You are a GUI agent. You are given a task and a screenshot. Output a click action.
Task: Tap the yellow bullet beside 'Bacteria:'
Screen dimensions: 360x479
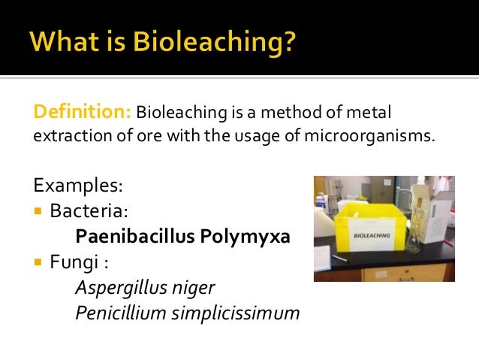pyautogui.click(x=39, y=210)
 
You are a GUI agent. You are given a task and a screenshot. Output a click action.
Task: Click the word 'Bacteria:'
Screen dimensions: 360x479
pyautogui.click(x=83, y=210)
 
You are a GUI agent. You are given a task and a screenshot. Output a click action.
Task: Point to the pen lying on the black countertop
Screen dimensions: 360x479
pyautogui.click(x=340, y=258)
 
